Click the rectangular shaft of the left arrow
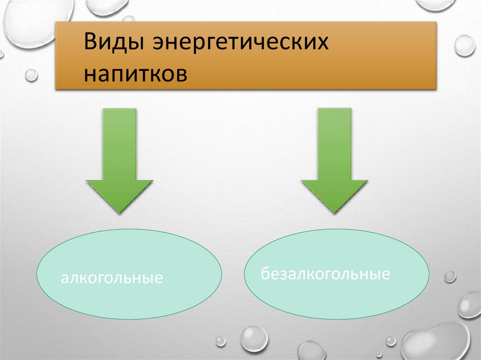(120, 143)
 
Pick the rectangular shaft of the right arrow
(334, 143)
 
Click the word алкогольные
(112, 278)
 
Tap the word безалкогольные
(326, 274)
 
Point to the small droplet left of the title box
(31, 75)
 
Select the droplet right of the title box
(465, 46)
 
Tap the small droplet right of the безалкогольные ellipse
(450, 277)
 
